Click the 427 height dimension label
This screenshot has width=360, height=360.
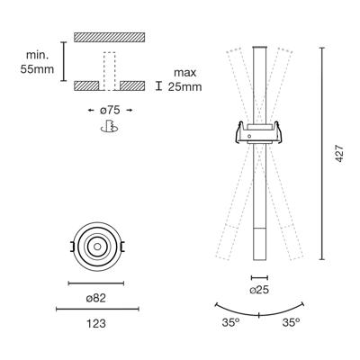[339, 154]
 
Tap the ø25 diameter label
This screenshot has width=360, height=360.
[259, 290]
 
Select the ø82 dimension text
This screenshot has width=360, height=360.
[96, 298]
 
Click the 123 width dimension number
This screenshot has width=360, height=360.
[96, 324]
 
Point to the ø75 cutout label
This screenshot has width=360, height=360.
[110, 110]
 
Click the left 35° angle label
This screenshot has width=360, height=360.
[230, 322]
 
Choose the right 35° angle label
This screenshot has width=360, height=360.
[291, 322]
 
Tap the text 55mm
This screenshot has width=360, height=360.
[37, 69]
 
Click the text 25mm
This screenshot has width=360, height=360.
[184, 87]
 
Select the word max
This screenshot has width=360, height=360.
[185, 73]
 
